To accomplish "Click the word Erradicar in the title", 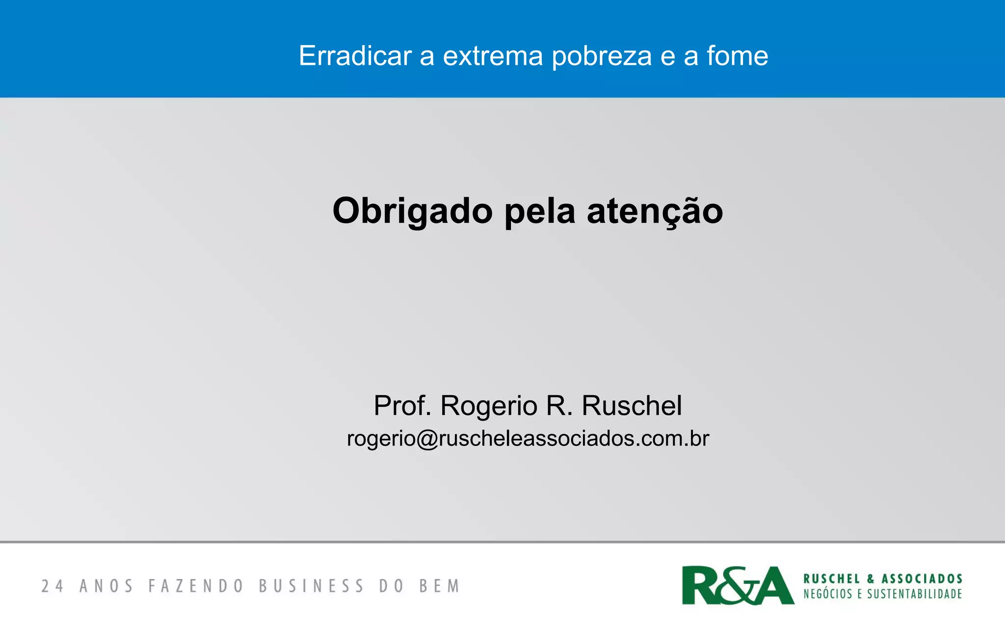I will [x=355, y=56].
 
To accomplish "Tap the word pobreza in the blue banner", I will [x=602, y=56].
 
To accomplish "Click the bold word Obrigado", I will [x=412, y=211].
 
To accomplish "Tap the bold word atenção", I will [x=655, y=211].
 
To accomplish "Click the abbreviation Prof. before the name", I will [x=402, y=406].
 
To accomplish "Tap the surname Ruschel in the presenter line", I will [x=632, y=406].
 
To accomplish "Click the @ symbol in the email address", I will [x=427, y=439].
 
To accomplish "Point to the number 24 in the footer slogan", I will [x=52, y=586].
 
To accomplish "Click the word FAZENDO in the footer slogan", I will [x=196, y=586].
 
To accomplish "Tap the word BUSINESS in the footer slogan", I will [x=312, y=586].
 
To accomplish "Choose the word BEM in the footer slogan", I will [x=439, y=586].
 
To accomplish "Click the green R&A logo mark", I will [x=738, y=585].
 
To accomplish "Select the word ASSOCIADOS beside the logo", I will [x=922, y=579].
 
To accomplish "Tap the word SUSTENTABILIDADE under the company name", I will [x=914, y=594].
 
